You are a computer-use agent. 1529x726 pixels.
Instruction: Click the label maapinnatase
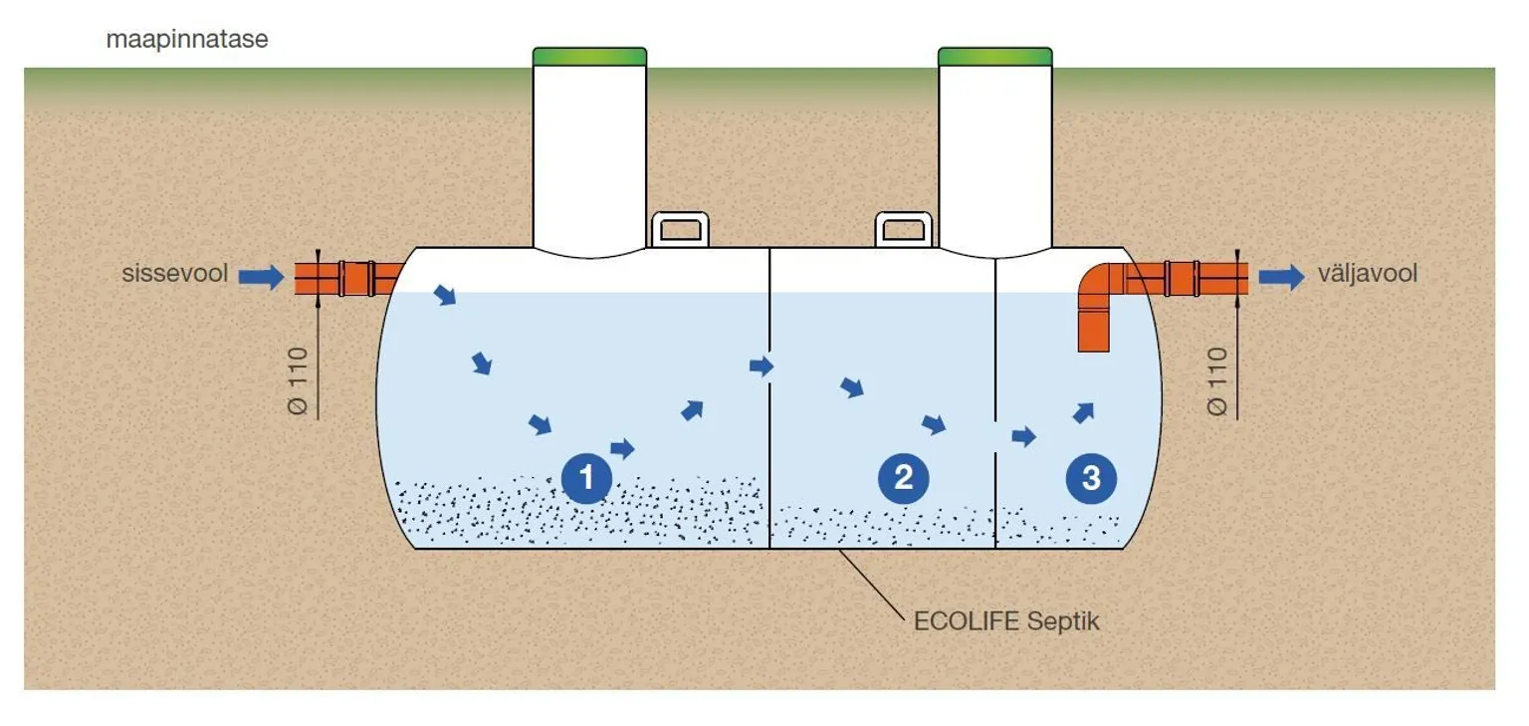point(187,41)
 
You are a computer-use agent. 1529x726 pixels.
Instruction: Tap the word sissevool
point(175,274)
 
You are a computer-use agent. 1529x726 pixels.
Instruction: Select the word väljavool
point(1367,274)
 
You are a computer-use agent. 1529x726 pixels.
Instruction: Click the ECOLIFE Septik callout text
point(1006,620)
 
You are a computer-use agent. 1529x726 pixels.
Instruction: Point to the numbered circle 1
point(586,478)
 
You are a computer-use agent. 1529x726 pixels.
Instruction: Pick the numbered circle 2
point(903,478)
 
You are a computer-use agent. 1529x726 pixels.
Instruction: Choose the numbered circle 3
point(1091,478)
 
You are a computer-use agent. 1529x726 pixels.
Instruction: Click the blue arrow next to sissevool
point(261,276)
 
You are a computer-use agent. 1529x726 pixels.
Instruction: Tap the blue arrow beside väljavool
point(1281,276)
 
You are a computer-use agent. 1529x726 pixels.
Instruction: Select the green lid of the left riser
point(589,56)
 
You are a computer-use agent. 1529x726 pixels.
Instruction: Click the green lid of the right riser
point(994,56)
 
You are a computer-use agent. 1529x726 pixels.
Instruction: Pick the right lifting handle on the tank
point(904,229)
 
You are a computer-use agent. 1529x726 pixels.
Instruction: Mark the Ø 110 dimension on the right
point(1215,380)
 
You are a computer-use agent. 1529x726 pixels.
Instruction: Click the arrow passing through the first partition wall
point(762,366)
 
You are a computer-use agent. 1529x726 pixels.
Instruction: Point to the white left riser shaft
point(589,159)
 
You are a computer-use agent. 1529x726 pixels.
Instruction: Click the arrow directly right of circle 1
point(622,448)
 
